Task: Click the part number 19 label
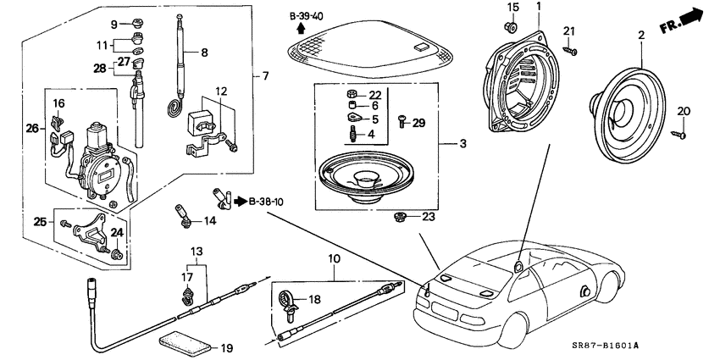[x=203, y=348]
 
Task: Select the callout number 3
[x=462, y=144]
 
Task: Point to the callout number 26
[x=32, y=129]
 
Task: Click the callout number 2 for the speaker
[x=641, y=36]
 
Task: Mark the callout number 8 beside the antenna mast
[x=203, y=53]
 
